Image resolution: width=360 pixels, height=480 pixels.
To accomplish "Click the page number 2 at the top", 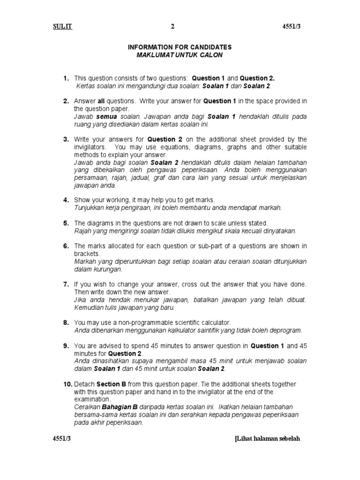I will pyautogui.click(x=172, y=27).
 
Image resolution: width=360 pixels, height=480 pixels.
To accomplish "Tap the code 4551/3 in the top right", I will pyautogui.click(x=290, y=27).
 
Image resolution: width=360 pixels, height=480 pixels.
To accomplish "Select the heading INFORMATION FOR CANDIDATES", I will pyautogui.click(x=180, y=48).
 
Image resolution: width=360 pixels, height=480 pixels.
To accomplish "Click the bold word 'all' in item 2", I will pyautogui.click(x=101, y=101).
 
